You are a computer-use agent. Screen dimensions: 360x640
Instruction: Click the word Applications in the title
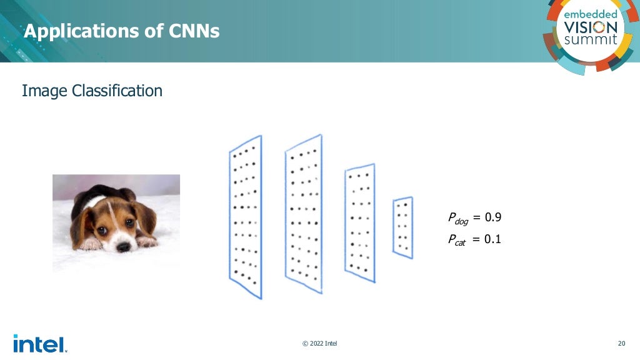click(x=78, y=31)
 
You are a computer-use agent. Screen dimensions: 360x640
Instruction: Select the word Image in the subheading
click(x=44, y=91)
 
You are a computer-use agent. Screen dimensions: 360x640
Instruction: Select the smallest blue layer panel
click(x=402, y=227)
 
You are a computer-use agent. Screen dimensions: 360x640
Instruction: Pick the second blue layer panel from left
click(x=303, y=214)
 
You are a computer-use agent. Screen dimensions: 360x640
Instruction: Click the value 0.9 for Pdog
click(x=493, y=217)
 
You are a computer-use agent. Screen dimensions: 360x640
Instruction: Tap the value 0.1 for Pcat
click(x=493, y=239)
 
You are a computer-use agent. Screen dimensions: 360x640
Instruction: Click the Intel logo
click(x=39, y=343)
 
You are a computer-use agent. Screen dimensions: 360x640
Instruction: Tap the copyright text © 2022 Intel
click(x=319, y=343)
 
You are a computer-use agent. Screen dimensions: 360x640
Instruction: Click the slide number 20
click(x=621, y=343)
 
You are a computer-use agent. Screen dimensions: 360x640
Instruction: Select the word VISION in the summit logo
click(x=591, y=27)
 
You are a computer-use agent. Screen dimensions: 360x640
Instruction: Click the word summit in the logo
click(x=591, y=40)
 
